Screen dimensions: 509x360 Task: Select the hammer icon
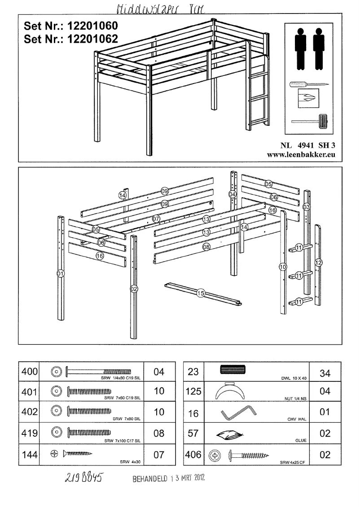[310, 120]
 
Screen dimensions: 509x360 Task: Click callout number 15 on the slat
[201, 293]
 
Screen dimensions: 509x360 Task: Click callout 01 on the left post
[60, 273]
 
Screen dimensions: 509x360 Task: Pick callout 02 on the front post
[133, 288]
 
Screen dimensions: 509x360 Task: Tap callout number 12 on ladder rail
[318, 262]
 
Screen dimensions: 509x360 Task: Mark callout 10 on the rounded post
[282, 266]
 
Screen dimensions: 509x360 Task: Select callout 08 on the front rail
[206, 246]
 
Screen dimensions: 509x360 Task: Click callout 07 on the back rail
[156, 219]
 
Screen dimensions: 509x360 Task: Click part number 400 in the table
[29, 372]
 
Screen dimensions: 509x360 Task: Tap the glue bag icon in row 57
[229, 434]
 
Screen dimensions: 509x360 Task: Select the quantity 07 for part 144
[159, 455]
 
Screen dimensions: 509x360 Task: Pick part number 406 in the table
[193, 455]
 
